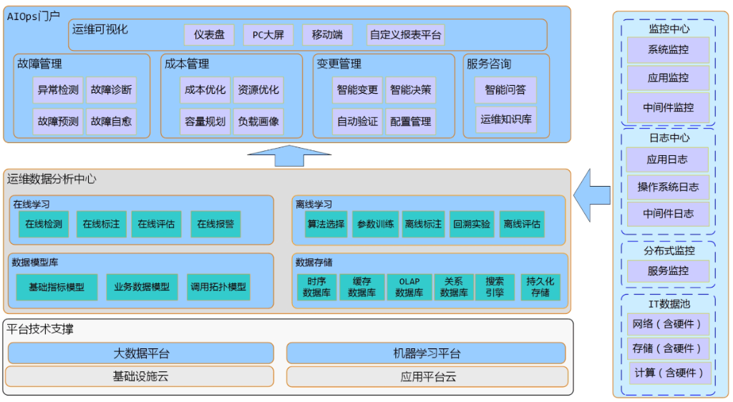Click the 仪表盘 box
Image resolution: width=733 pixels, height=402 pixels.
point(210,34)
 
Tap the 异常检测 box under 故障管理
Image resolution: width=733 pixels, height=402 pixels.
point(59,90)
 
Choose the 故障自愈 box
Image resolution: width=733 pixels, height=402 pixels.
point(111,122)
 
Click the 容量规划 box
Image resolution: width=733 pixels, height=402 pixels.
point(205,122)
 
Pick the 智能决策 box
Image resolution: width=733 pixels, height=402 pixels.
point(410,90)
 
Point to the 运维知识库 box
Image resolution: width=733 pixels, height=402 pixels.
point(506,119)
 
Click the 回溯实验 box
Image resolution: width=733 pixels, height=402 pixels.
point(472,224)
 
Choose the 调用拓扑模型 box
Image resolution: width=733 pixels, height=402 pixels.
point(219,287)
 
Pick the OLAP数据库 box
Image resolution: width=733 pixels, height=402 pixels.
point(409,287)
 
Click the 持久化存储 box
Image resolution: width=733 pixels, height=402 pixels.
point(540,287)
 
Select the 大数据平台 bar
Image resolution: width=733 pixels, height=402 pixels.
point(141,353)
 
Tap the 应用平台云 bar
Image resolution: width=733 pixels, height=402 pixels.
point(427,376)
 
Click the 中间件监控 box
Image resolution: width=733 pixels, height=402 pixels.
point(668,108)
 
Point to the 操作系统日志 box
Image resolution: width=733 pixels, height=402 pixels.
point(668,187)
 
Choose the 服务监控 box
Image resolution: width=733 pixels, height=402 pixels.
point(668,271)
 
